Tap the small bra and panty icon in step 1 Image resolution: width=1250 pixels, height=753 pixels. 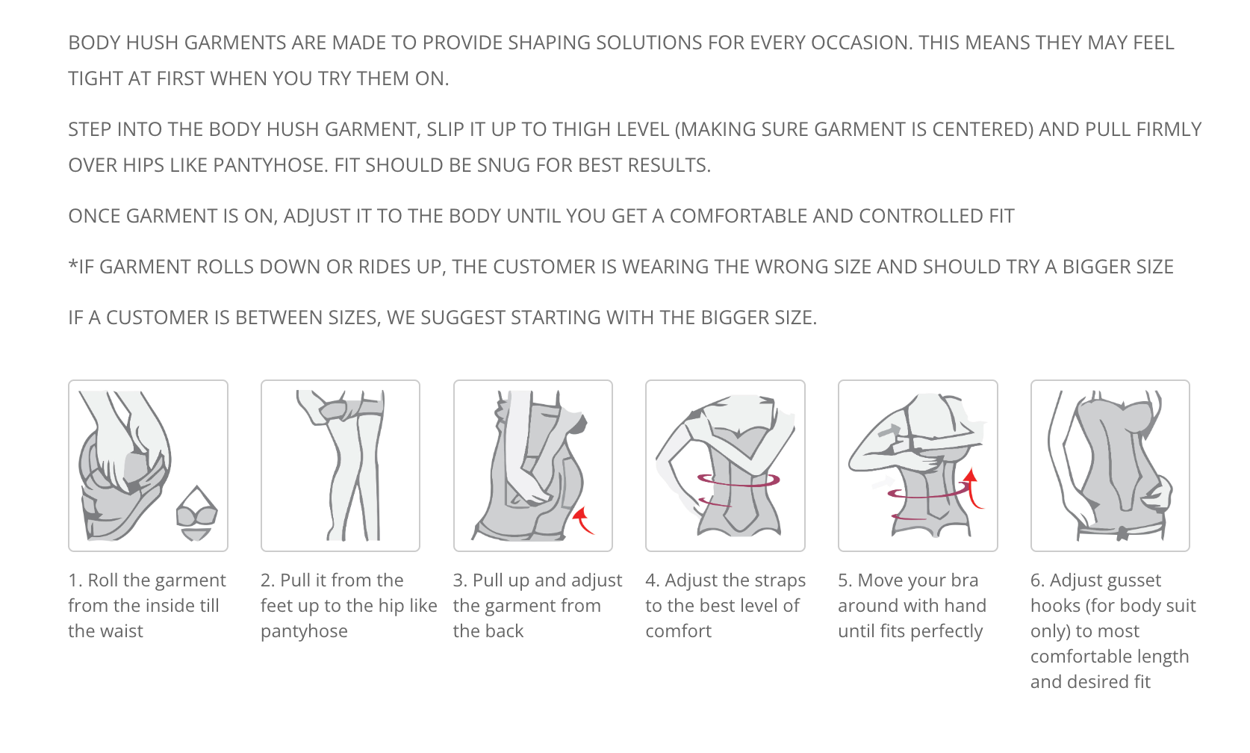tap(197, 513)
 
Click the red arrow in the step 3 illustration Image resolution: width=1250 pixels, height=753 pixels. tap(582, 520)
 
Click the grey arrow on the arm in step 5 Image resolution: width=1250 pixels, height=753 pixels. tap(889, 431)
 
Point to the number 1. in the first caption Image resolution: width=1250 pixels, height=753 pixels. tap(75, 580)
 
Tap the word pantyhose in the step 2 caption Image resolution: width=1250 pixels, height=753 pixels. tap(304, 631)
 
